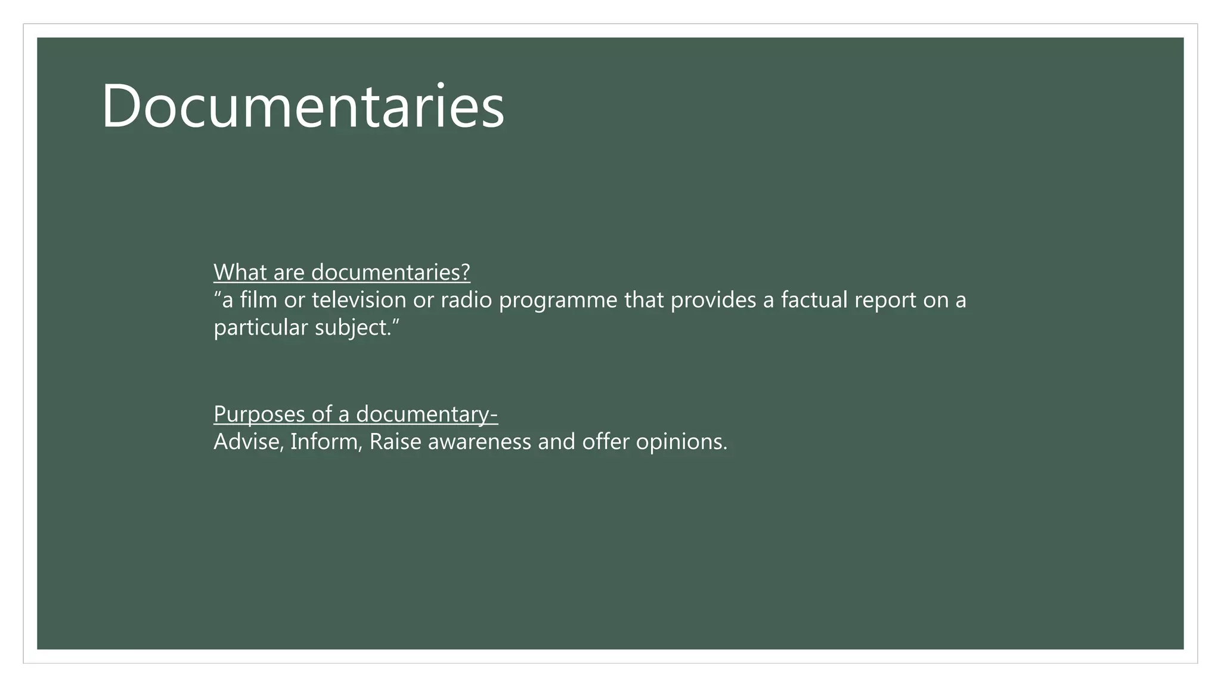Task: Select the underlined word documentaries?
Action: (391, 273)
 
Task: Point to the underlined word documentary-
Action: (427, 414)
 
